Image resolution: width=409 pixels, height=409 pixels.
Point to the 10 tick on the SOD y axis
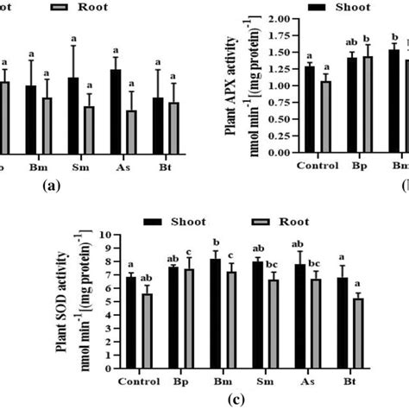point(110,235)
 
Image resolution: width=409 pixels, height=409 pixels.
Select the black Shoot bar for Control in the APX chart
point(310,109)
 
